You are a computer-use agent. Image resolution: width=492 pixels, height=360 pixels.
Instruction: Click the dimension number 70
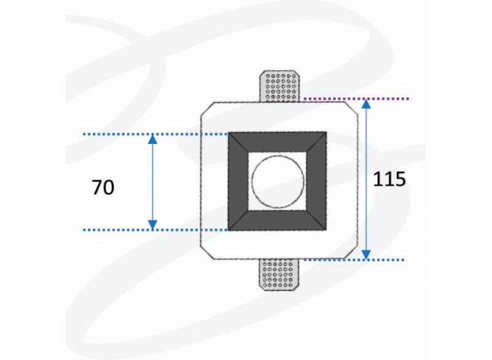click(103, 187)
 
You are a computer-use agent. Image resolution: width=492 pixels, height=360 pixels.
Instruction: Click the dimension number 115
click(389, 179)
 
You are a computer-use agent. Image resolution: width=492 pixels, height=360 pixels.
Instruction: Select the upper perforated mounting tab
click(279, 86)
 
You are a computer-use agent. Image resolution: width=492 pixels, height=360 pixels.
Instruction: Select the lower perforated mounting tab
click(279, 274)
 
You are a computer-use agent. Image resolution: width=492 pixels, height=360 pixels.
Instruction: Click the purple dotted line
click(357, 99)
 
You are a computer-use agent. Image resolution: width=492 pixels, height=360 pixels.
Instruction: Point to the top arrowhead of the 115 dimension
click(366, 104)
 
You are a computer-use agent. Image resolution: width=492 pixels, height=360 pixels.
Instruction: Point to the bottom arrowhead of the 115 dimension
click(366, 255)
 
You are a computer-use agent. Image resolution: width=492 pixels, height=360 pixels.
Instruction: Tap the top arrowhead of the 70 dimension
click(153, 139)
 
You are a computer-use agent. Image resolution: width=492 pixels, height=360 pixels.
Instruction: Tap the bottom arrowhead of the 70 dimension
click(153, 225)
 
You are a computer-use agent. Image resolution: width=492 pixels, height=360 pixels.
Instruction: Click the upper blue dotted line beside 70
click(156, 134)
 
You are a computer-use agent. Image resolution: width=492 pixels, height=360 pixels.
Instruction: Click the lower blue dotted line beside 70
click(156, 230)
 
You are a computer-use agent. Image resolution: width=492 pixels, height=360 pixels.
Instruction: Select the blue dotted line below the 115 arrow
click(354, 260)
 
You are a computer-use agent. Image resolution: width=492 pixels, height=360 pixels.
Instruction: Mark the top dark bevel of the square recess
click(277, 142)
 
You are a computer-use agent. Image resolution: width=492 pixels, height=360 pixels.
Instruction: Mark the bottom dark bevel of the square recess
click(277, 220)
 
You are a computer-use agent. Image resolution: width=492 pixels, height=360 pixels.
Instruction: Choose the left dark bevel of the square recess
click(238, 182)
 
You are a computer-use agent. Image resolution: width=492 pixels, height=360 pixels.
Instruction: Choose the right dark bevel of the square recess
click(316, 182)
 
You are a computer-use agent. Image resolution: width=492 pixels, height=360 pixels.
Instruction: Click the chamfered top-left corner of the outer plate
click(207, 109)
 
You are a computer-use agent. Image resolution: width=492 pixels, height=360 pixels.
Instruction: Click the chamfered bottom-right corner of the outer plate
click(351, 252)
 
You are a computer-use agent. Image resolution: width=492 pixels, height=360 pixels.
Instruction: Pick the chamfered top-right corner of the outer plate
click(351, 108)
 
